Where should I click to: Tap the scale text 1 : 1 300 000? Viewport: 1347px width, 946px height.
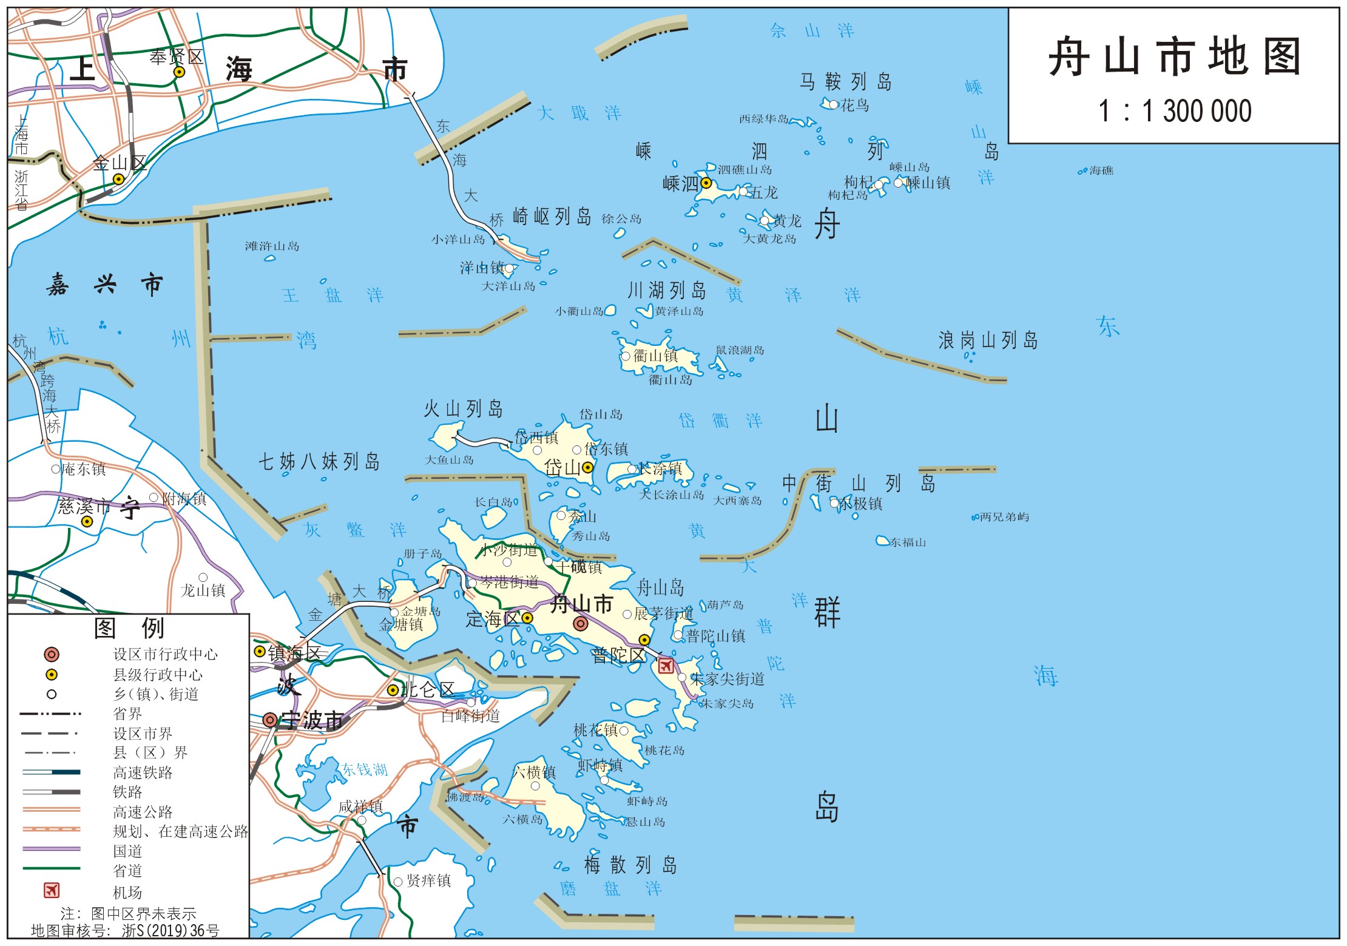pyautogui.click(x=1175, y=112)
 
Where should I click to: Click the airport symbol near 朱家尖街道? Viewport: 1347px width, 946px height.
pyautogui.click(x=666, y=666)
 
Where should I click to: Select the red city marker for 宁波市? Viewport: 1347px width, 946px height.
pyautogui.click(x=270, y=720)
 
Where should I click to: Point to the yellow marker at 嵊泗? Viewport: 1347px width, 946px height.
pyautogui.click(x=706, y=183)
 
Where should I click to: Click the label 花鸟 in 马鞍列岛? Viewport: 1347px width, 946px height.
pyautogui.click(x=854, y=106)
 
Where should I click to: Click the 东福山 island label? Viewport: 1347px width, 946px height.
pyautogui.click(x=908, y=542)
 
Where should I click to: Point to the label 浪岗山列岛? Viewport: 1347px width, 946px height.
pyautogui.click(x=988, y=340)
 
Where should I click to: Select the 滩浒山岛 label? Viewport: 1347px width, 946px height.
pyautogui.click(x=272, y=246)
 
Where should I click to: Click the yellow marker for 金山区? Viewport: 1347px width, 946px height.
pyautogui.click(x=119, y=179)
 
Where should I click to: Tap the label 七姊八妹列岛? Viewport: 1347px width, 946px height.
pyautogui.click(x=319, y=462)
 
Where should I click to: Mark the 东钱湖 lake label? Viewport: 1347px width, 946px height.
pyautogui.click(x=364, y=769)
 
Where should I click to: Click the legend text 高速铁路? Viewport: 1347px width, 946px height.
pyautogui.click(x=143, y=772)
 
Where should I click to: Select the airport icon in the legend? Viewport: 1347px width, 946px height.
pyautogui.click(x=52, y=890)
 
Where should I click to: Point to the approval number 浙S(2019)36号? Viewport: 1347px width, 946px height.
pyautogui.click(x=170, y=930)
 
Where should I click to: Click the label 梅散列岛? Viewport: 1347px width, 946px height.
pyautogui.click(x=630, y=865)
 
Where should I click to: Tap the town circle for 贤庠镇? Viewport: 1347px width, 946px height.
pyautogui.click(x=398, y=882)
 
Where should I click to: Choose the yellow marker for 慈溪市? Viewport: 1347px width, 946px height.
pyautogui.click(x=87, y=521)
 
